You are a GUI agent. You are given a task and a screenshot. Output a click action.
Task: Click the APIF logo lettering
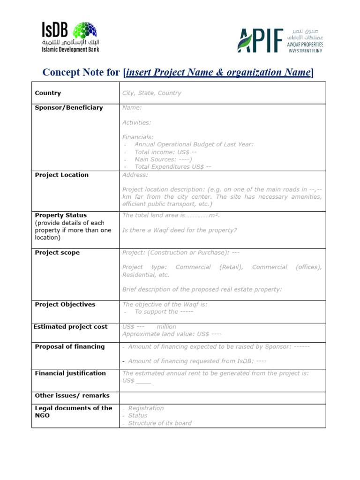point(261,41)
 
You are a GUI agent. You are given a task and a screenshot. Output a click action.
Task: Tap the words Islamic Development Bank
point(70,49)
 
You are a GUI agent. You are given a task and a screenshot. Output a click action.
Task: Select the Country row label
point(48,93)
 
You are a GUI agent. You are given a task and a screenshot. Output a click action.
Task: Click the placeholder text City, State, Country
point(151,93)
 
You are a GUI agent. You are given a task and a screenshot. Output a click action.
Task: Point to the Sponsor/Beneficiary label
point(68,108)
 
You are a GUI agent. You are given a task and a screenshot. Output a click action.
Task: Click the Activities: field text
point(136,122)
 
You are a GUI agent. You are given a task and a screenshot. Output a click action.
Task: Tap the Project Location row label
point(61,175)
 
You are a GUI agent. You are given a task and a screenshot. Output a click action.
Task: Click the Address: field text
point(135,175)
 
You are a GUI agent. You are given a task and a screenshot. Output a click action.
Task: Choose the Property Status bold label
point(60,216)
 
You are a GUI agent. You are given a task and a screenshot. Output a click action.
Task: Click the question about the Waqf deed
point(180,230)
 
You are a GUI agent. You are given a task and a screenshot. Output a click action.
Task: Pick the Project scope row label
point(57,253)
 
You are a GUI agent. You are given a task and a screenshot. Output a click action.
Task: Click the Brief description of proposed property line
point(202,289)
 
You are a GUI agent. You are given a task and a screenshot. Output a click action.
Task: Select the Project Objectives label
point(65,305)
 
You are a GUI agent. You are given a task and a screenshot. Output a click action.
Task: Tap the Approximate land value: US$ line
point(172,334)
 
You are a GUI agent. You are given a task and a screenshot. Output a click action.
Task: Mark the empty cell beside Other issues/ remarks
point(222,396)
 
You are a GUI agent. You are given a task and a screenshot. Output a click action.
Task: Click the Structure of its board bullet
point(159,423)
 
